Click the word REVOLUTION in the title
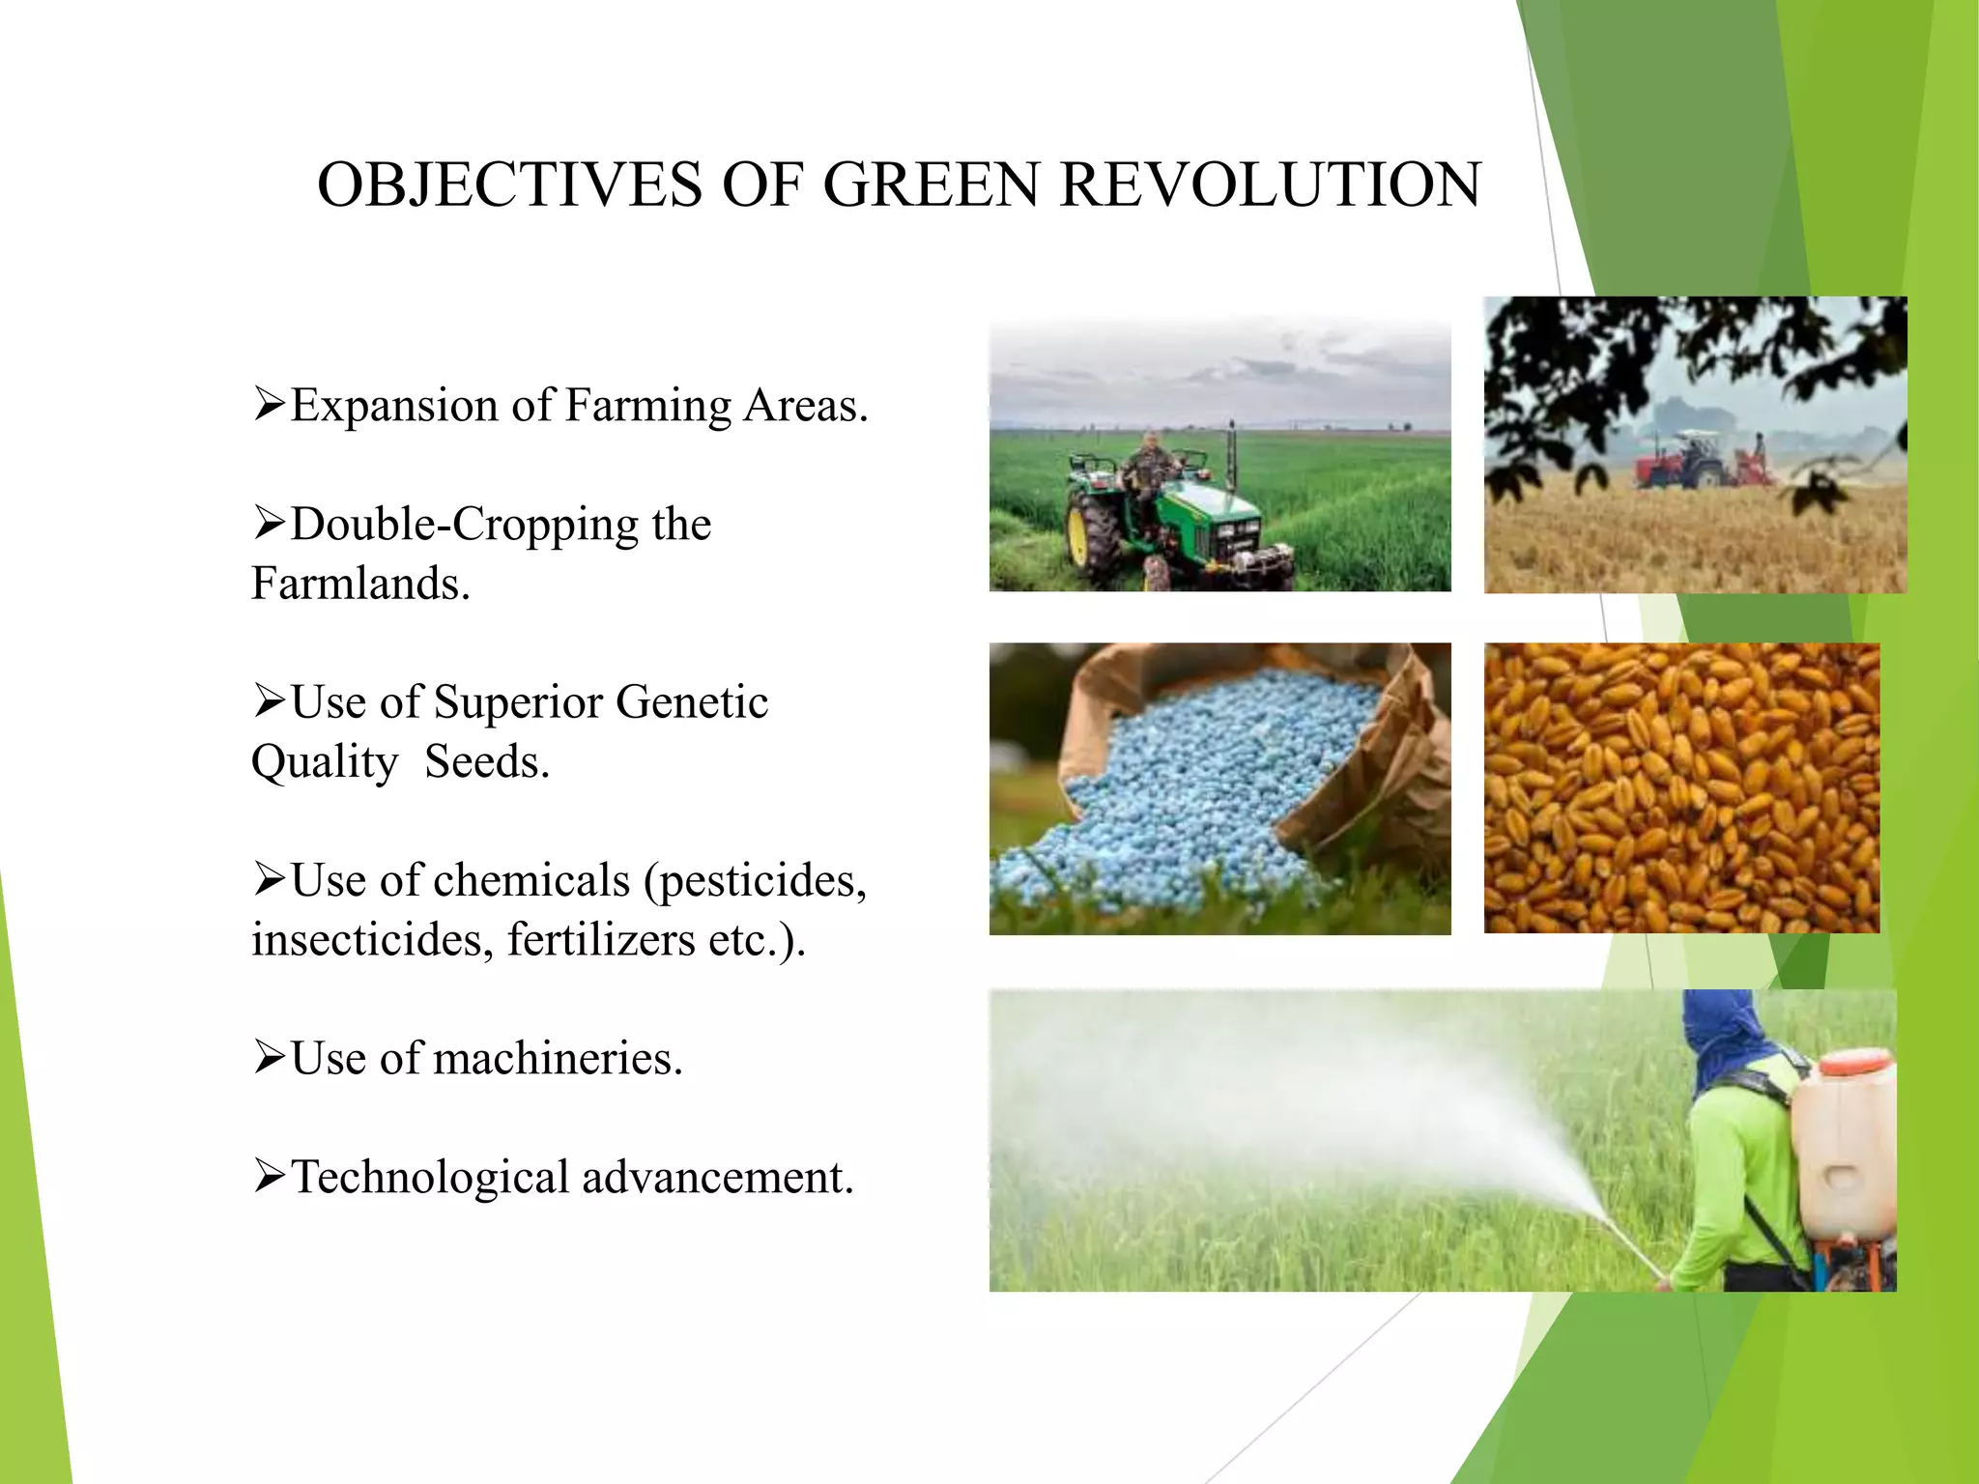1270,185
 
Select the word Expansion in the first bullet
394,406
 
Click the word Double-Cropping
464,525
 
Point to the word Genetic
691,702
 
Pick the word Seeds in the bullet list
486,762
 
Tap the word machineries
558,1059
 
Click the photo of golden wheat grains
1681,787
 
